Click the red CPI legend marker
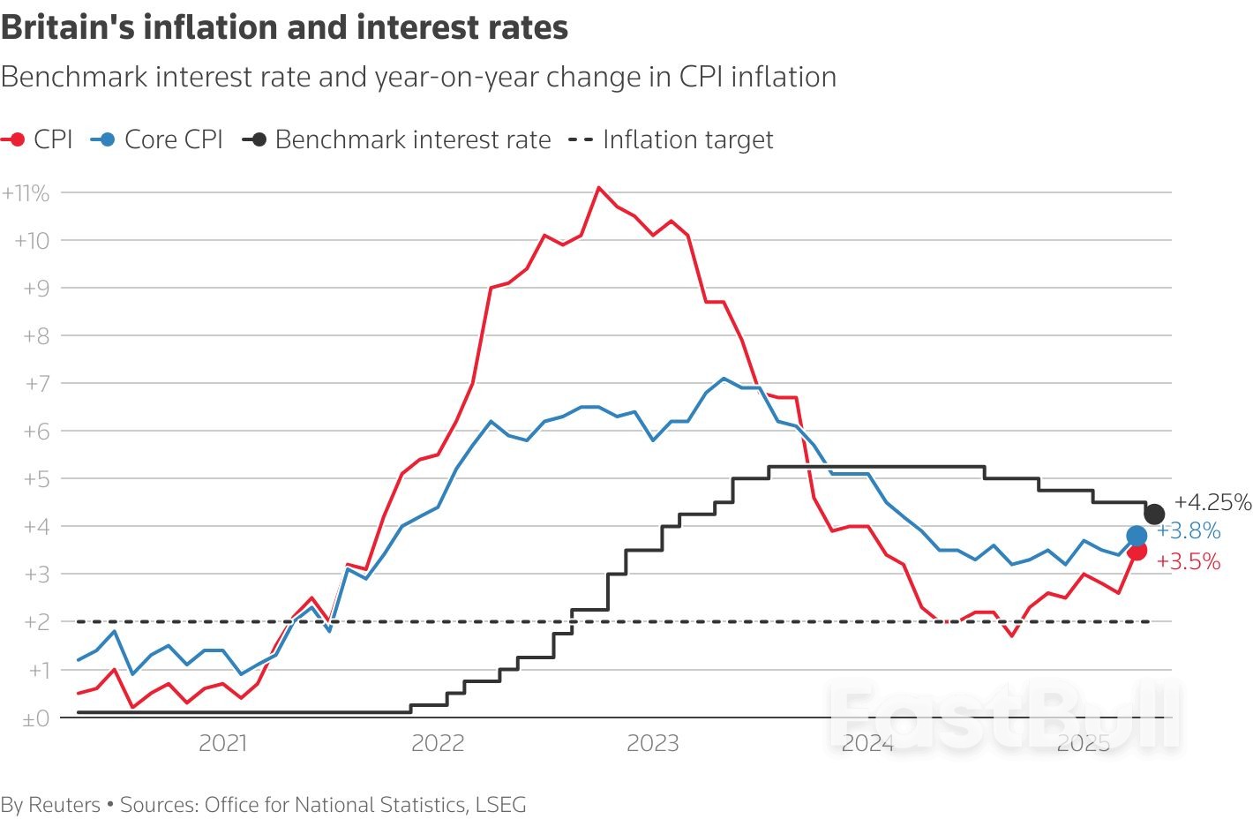point(14,139)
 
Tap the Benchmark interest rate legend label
point(412,139)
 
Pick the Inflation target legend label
point(687,139)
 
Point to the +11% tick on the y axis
point(26,193)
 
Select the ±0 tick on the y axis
point(35,718)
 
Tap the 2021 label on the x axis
point(222,743)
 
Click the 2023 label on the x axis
point(652,743)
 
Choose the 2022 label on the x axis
point(437,743)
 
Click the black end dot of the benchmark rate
point(1153,514)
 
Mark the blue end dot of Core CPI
point(1137,536)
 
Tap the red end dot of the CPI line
point(1137,551)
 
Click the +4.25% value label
point(1212,502)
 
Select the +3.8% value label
point(1189,530)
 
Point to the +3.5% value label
point(1189,561)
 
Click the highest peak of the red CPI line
point(598,187)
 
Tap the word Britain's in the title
point(67,27)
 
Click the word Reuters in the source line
point(64,805)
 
